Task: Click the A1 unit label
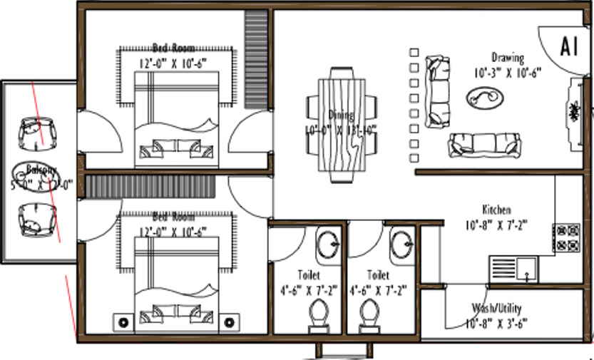click(568, 46)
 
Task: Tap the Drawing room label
click(507, 58)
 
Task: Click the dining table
click(342, 125)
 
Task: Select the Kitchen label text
click(496, 210)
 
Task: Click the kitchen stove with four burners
click(567, 238)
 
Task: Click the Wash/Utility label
click(496, 309)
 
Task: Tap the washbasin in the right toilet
click(401, 244)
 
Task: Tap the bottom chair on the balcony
click(36, 219)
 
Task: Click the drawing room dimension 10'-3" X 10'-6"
click(507, 71)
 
